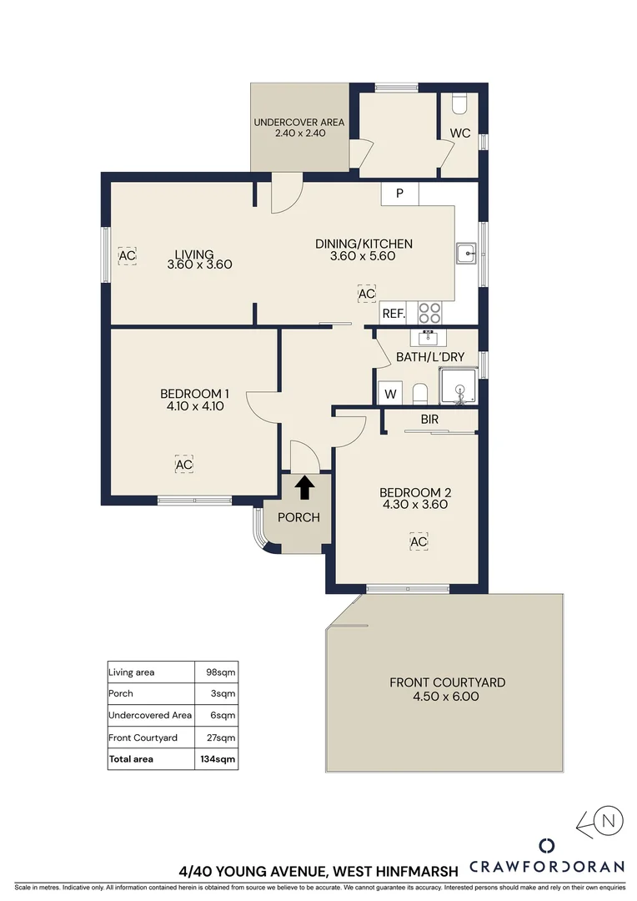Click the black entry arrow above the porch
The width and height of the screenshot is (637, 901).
[x=305, y=486]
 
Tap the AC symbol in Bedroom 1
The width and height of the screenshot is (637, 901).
[x=184, y=465]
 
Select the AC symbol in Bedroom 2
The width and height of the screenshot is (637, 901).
[x=419, y=542]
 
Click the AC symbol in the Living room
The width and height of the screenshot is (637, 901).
[x=127, y=255]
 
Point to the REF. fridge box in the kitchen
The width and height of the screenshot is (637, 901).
[x=393, y=314]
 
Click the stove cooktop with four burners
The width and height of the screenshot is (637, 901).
[x=429, y=313]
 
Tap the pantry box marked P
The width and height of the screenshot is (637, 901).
[x=399, y=194]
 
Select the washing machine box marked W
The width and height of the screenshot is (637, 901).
[x=389, y=394]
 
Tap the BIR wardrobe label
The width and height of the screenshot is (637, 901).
[x=430, y=420]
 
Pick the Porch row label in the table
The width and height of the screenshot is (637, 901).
[x=121, y=693]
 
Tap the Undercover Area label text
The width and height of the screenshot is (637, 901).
[x=298, y=123]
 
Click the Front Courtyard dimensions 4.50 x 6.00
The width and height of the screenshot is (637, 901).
[x=447, y=697]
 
